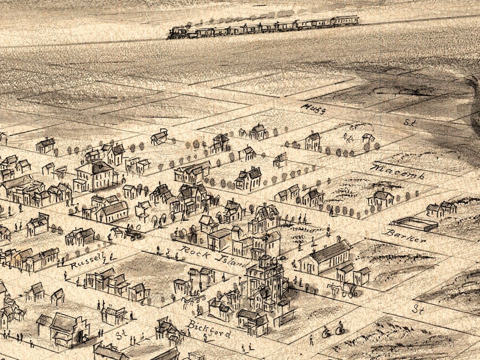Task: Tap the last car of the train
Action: [345, 21]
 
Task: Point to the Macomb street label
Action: [397, 172]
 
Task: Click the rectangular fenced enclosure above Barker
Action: [415, 224]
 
